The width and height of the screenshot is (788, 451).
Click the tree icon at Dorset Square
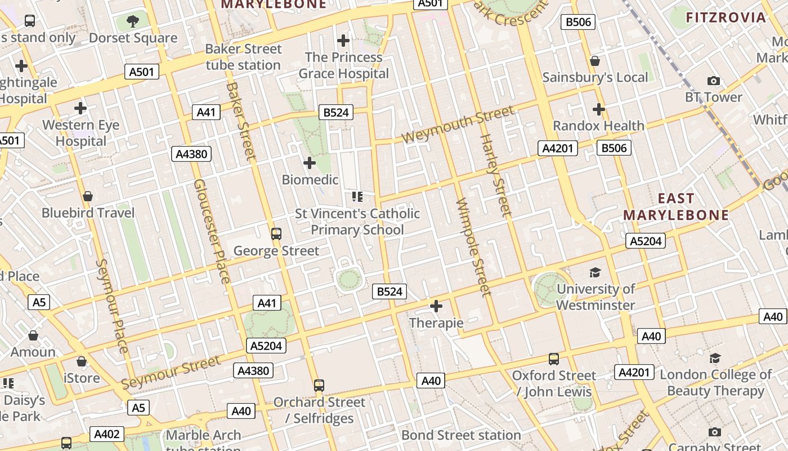point(133,21)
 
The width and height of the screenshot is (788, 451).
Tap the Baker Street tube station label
point(243,57)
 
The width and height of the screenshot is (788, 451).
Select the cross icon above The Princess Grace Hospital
point(343,41)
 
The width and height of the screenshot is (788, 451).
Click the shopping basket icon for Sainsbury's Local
point(595,61)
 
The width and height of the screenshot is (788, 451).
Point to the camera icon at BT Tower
point(714,81)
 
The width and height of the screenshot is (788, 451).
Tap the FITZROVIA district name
point(726,17)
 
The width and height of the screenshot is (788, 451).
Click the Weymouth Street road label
point(458,125)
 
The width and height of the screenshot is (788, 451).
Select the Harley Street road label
point(495,175)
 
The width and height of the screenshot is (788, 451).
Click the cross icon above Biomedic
point(310,163)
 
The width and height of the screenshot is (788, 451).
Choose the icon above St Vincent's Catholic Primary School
point(357,197)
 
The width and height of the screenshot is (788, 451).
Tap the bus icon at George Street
point(276,233)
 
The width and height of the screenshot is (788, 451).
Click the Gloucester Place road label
point(212,231)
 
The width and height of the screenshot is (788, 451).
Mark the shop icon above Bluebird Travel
point(88,196)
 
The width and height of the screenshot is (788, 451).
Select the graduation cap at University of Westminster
point(595,273)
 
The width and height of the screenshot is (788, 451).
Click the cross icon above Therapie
point(436,306)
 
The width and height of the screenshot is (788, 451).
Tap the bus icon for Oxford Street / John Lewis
point(554,359)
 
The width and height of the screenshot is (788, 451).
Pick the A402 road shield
point(106,434)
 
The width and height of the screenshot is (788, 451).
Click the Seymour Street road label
point(171,373)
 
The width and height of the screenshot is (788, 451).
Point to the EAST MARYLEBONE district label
point(676,207)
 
